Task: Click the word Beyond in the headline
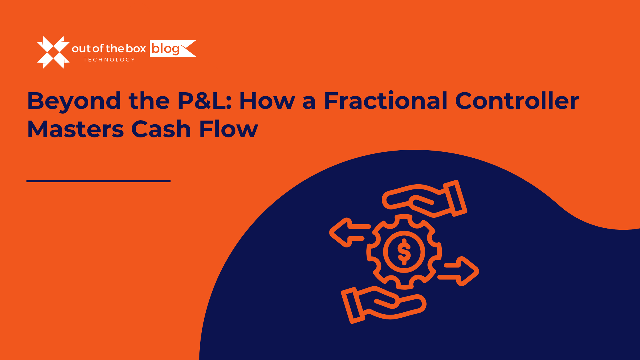pyautogui.click(x=74, y=101)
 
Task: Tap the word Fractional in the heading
pyautogui.click(x=385, y=100)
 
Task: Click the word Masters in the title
pyautogui.click(x=75, y=129)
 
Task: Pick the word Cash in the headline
pyautogui.click(x=161, y=129)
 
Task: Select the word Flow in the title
pyautogui.click(x=229, y=129)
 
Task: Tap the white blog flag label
pyautogui.click(x=173, y=48)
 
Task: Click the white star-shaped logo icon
pyautogui.click(x=53, y=52)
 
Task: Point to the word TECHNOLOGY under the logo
pyautogui.click(x=109, y=60)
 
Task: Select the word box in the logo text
pyautogui.click(x=136, y=49)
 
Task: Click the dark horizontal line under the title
pyautogui.click(x=99, y=181)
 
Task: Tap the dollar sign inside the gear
pyautogui.click(x=404, y=252)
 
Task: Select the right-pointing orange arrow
pyautogui.click(x=458, y=271)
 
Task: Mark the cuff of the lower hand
pyautogui.click(x=353, y=305)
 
